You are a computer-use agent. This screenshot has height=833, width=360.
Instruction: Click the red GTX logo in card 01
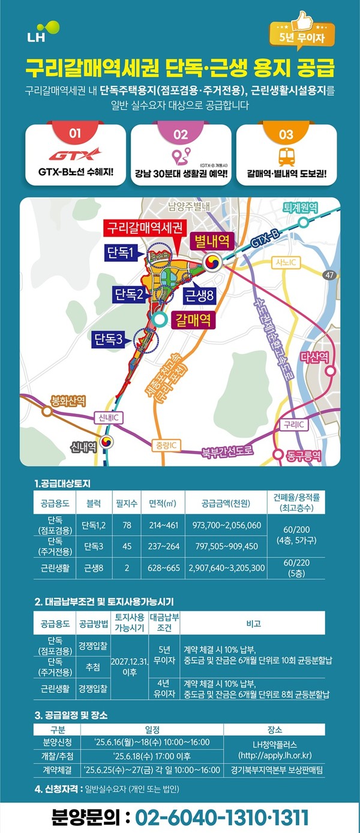(75, 156)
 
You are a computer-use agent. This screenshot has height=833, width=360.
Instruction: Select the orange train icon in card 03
(286, 157)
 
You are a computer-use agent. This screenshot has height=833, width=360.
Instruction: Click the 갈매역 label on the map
(192, 319)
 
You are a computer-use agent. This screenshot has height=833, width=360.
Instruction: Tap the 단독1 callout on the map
(121, 252)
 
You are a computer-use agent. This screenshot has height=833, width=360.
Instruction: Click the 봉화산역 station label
(68, 399)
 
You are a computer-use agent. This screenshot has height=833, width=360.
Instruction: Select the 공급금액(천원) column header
(224, 503)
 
